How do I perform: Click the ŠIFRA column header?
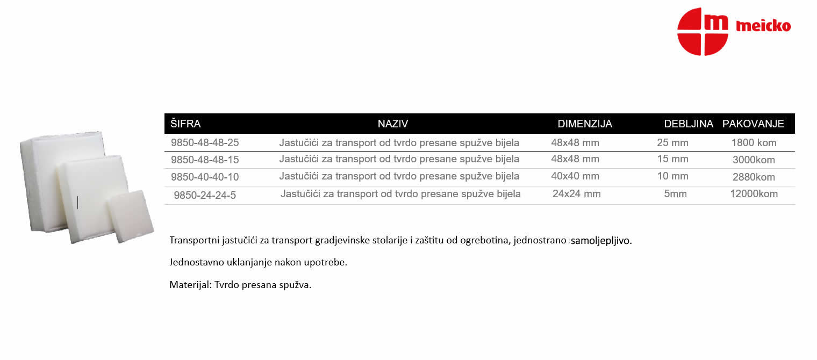pos(185,124)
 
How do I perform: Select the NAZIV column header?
pos(393,124)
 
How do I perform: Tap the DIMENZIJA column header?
pos(585,124)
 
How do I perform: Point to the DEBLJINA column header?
pos(689,124)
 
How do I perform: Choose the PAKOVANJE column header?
pos(753,124)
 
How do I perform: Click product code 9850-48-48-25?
pos(205,142)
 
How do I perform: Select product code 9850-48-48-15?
pos(205,160)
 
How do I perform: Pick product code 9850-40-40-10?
pos(205,177)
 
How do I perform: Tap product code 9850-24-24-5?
pos(205,195)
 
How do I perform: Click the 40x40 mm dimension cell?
pos(575,176)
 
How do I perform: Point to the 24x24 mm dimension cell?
pos(576,194)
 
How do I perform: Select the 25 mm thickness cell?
pos(672,142)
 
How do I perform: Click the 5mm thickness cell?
pos(675,194)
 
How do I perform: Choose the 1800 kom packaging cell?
pos(754,142)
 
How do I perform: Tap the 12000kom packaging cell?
pos(754,194)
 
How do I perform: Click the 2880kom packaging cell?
pos(754,177)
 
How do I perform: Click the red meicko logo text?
pos(763,26)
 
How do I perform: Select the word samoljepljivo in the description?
pos(601,241)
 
